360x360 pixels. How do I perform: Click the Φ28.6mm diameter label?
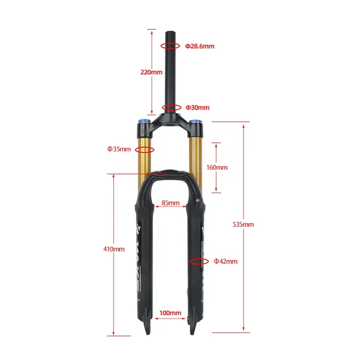200,46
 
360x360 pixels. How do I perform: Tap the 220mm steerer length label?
151,72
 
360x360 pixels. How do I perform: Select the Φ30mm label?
198,108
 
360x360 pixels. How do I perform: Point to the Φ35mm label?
119,149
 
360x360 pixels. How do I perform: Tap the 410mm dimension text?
113,249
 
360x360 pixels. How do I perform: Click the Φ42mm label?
225,261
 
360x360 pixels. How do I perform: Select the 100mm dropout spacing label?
170,313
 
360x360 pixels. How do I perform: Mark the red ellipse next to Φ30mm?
172,108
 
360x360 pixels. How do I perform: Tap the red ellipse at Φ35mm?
145,149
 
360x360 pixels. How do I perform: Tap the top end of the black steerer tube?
171,33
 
